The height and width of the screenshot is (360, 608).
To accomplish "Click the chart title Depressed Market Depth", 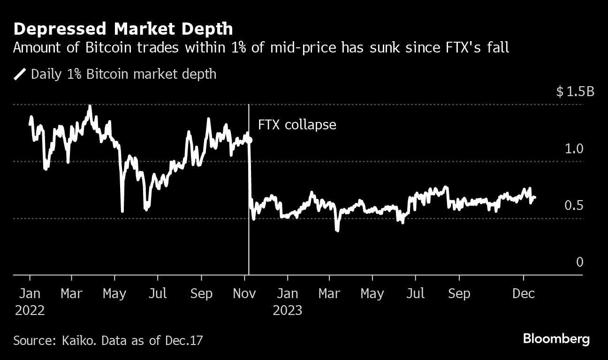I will (x=123, y=29).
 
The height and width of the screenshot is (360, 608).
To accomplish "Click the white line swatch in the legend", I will (x=20, y=74).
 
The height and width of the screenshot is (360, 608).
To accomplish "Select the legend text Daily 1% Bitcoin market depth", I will (x=123, y=74).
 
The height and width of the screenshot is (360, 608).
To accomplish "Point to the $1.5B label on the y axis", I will (x=575, y=91).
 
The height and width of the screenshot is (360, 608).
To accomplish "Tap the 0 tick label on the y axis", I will (x=579, y=262).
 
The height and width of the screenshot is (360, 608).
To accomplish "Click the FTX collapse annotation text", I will (x=297, y=125).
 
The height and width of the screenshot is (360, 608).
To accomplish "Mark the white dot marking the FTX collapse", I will (x=249, y=140).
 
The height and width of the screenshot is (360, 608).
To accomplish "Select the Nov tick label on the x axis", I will (x=244, y=294).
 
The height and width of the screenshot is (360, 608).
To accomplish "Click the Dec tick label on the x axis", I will (x=524, y=294).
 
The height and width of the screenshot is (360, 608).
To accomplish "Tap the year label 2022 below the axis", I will (x=30, y=310).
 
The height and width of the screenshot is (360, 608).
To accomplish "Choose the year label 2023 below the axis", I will (x=287, y=310).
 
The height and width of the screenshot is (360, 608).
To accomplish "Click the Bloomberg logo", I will (x=556, y=339).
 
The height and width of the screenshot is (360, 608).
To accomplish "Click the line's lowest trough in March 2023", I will (x=337, y=230).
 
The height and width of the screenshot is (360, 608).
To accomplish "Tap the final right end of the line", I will (x=535, y=197).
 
